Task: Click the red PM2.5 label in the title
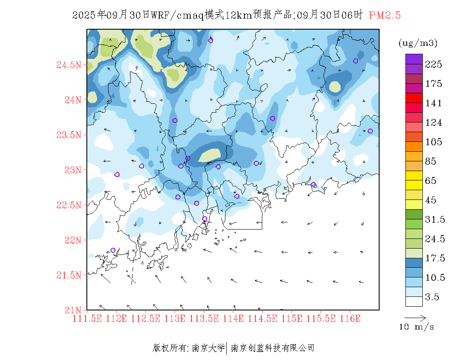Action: (x=385, y=15)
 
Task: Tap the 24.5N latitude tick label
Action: (x=69, y=65)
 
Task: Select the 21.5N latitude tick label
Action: (x=69, y=275)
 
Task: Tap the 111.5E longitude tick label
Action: (x=88, y=318)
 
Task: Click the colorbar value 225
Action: (x=433, y=64)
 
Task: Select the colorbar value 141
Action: (x=433, y=103)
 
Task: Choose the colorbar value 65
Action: (x=431, y=181)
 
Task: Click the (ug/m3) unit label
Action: (x=418, y=43)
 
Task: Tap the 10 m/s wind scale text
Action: (x=416, y=327)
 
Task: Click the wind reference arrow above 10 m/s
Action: (x=415, y=317)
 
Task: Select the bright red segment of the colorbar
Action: (x=414, y=98)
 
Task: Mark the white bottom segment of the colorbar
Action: (x=414, y=301)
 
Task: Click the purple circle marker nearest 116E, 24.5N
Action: (x=356, y=61)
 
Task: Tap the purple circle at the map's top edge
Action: (x=211, y=40)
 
